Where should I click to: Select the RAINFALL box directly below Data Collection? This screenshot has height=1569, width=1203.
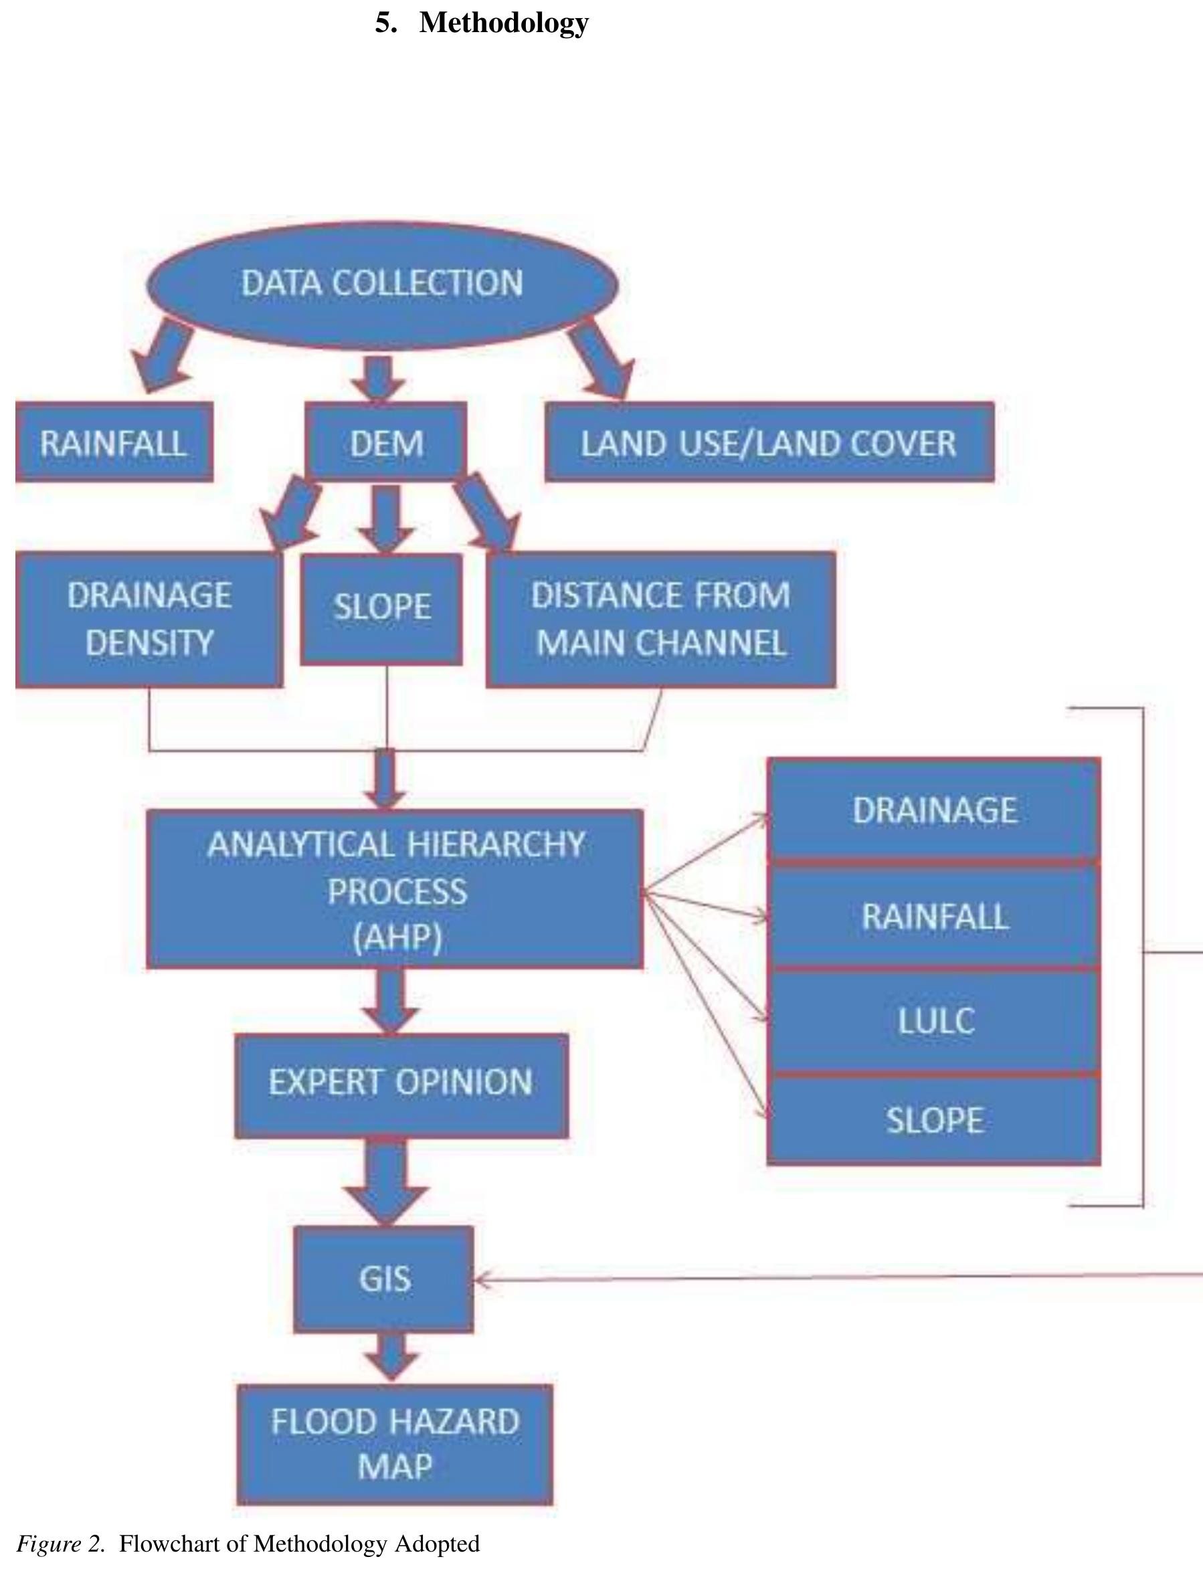(114, 442)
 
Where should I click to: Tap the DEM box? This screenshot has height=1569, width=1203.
(386, 442)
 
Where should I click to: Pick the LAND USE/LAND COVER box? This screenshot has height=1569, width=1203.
(769, 442)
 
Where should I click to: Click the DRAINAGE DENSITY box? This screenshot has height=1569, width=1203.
(149, 620)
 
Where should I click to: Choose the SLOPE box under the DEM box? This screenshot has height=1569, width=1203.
(381, 609)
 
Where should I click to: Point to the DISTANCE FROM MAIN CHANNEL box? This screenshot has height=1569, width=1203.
(660, 620)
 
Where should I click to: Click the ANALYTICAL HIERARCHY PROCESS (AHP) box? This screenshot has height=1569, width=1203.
(395, 889)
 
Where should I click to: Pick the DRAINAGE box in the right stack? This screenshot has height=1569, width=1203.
(934, 810)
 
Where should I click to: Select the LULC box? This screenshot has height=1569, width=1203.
(934, 1020)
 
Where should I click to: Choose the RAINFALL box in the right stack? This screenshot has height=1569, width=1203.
(934, 916)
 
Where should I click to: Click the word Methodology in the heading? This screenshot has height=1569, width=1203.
(503, 23)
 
